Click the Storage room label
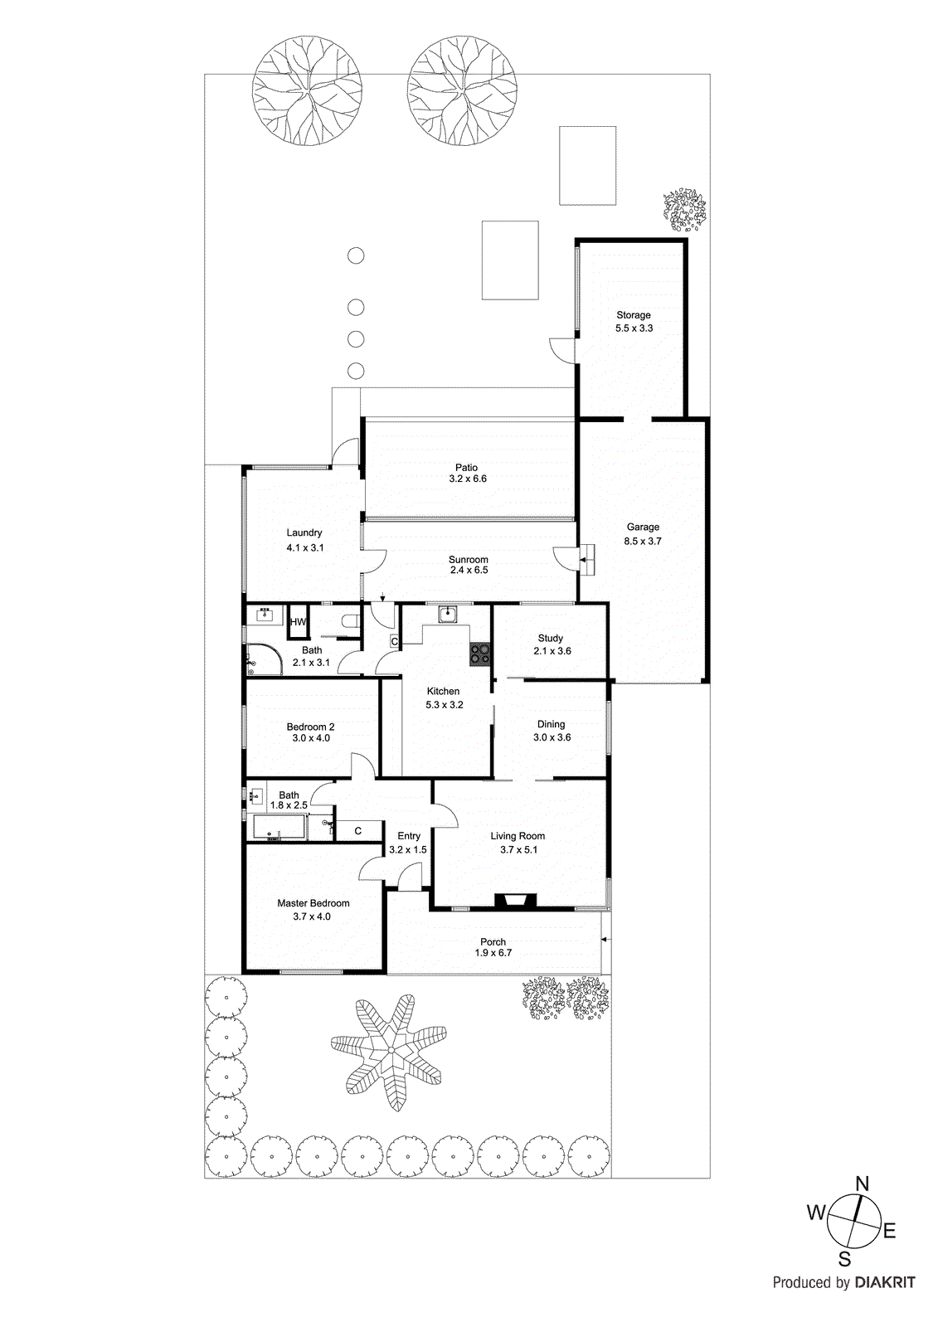tap(633, 315)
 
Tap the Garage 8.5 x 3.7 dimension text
tap(643, 541)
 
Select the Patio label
tap(466, 468)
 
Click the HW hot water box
tap(298, 622)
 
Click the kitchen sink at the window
tap(448, 614)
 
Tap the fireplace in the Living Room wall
tap(514, 902)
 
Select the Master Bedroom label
tap(313, 903)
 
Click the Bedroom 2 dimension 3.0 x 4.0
tap(310, 738)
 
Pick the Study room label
tap(551, 638)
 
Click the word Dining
tap(551, 724)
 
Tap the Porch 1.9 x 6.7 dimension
tap(493, 953)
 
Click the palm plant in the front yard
tap(390, 1051)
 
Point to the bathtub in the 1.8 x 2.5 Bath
tap(279, 828)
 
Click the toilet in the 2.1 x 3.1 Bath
tap(351, 621)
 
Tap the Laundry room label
tap(304, 532)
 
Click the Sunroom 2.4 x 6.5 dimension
tap(469, 571)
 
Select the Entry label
tap(408, 836)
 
